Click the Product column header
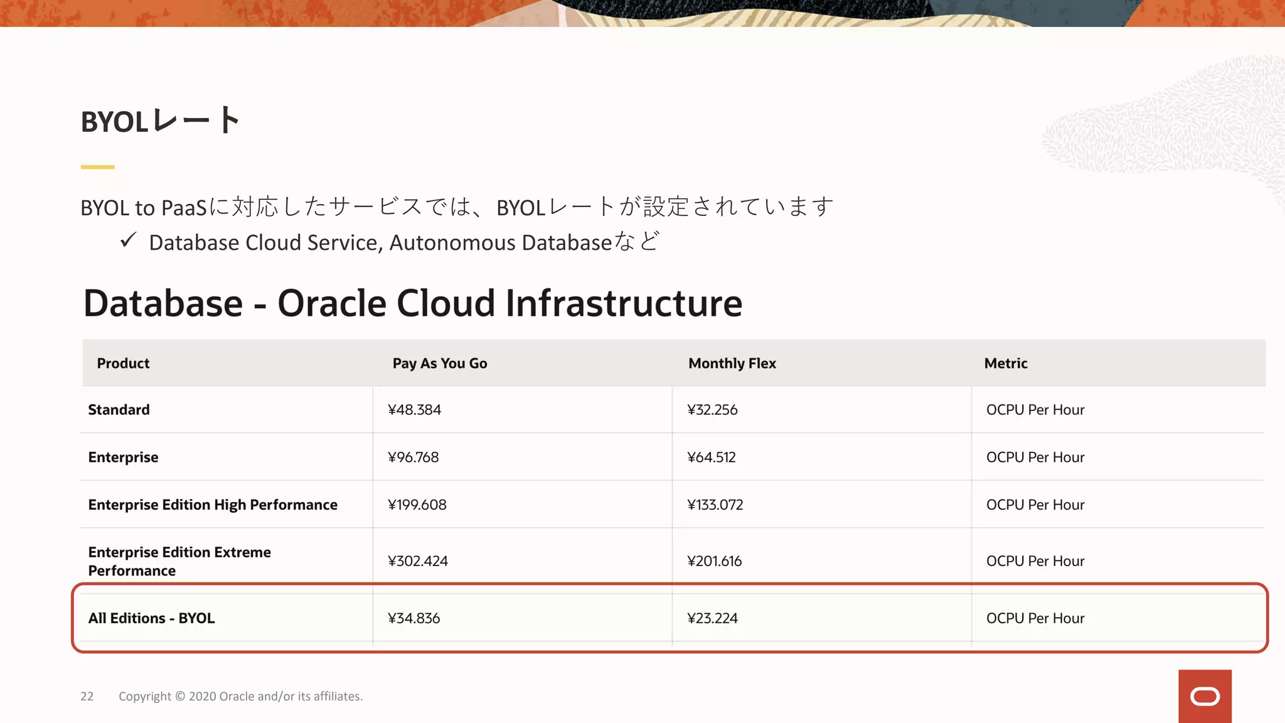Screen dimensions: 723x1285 pyautogui.click(x=123, y=363)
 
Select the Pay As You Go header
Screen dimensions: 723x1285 pyautogui.click(x=439, y=363)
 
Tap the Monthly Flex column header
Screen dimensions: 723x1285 pyautogui.click(x=732, y=363)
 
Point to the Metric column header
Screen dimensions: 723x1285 pyautogui.click(x=1005, y=363)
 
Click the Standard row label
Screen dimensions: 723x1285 pyautogui.click(x=119, y=410)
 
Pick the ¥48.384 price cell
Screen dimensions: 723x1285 pyautogui.click(x=414, y=410)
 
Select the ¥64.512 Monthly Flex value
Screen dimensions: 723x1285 pyautogui.click(x=711, y=458)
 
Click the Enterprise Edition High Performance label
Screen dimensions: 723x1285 pyautogui.click(x=213, y=505)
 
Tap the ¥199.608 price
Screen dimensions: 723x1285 pyautogui.click(x=417, y=505)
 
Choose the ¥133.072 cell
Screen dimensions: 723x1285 pyautogui.click(x=715, y=505)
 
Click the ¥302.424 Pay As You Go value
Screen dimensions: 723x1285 pyautogui.click(x=417, y=561)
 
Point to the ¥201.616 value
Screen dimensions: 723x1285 pyautogui.click(x=714, y=561)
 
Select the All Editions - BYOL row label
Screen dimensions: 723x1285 pyautogui.click(x=151, y=618)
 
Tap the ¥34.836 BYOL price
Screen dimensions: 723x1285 pyautogui.click(x=413, y=618)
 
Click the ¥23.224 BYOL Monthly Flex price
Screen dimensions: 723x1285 pyautogui.click(x=712, y=618)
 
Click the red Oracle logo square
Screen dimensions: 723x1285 pyautogui.click(x=1205, y=696)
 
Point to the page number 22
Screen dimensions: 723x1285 pyautogui.click(x=87, y=697)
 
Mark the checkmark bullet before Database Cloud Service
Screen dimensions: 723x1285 pyautogui.click(x=128, y=240)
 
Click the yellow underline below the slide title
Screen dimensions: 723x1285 pyautogui.click(x=97, y=167)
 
